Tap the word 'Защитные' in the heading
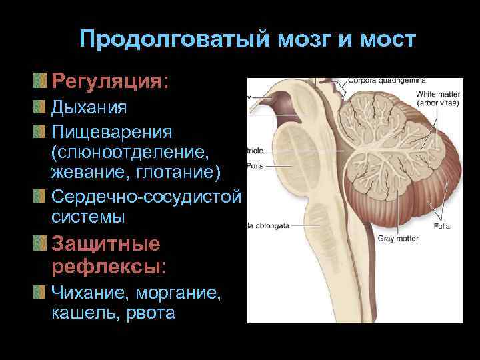(105, 244)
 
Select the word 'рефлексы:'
(109, 267)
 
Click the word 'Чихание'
(87, 292)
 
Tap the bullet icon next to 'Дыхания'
(43, 107)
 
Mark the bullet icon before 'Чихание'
(43, 292)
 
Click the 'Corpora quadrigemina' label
(387, 81)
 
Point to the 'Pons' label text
(255, 165)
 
